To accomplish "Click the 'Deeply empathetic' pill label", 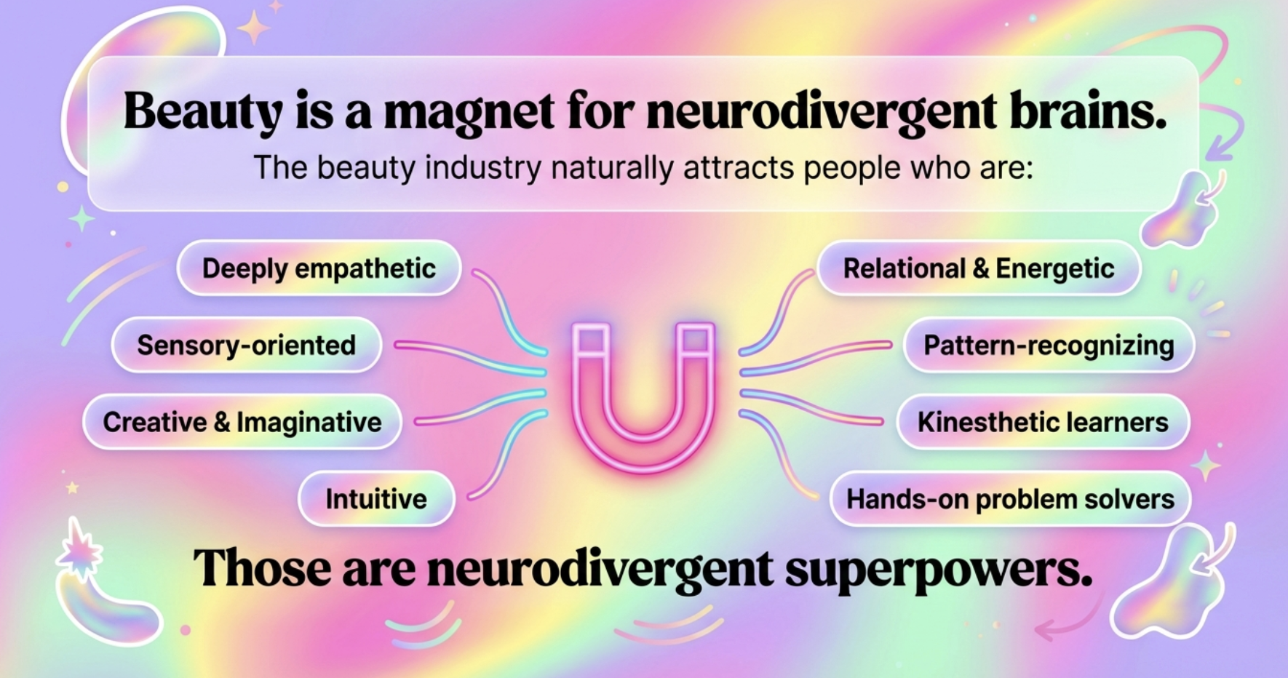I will (319, 268).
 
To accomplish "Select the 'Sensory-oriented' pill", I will (246, 345).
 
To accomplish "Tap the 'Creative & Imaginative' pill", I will (242, 422).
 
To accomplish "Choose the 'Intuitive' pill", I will (376, 499).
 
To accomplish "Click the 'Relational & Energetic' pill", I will (978, 268).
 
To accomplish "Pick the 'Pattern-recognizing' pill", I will (1049, 345).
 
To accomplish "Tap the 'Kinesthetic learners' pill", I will (1043, 422).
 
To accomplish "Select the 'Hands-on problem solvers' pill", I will (1010, 499).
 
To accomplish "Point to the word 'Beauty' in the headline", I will (202, 113).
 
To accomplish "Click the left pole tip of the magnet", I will (590, 339).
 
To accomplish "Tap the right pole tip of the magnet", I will (696, 339).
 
